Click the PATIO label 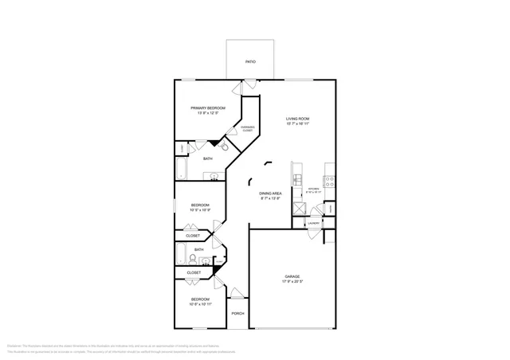pos(250,61)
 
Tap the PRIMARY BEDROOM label pos(207,108)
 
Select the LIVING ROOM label pos(298,119)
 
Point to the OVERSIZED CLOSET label pos(248,129)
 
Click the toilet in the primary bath pos(224,147)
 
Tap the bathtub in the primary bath pos(181,170)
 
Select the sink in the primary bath pos(213,178)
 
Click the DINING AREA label pos(270,194)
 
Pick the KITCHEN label pos(312,190)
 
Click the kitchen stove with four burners pos(329,181)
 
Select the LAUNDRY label pos(314,223)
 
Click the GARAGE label pos(292,276)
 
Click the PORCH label pos(237,313)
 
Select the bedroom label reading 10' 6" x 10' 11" pos(201,304)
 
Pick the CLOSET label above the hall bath pos(194,236)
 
